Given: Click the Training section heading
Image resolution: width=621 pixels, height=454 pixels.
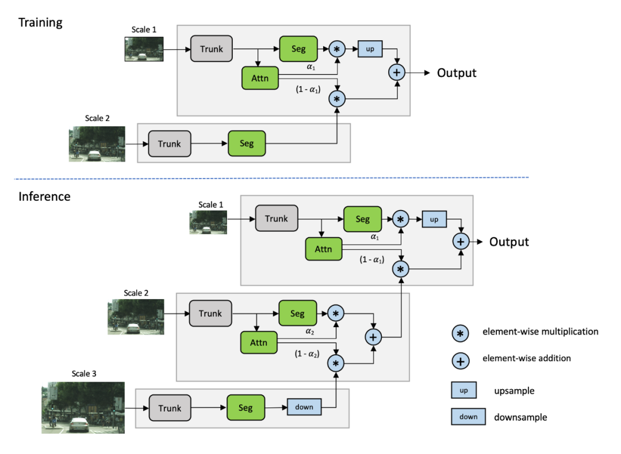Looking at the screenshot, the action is (x=40, y=23).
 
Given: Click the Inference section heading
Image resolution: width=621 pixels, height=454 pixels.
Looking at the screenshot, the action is (x=44, y=196).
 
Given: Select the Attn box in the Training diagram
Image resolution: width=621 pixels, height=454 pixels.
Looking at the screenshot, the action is (x=260, y=78).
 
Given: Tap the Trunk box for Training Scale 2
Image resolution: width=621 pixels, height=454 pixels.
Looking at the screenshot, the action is (x=170, y=143).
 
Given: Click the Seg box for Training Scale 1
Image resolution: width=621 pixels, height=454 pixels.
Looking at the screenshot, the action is (x=298, y=49).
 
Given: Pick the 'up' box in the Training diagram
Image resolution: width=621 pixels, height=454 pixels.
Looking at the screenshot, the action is (x=370, y=49).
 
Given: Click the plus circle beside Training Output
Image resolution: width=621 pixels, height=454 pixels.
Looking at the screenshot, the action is (x=396, y=72).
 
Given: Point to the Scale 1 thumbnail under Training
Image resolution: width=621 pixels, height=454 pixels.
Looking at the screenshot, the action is (x=144, y=49).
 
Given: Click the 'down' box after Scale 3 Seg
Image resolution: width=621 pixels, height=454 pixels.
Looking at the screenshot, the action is (x=304, y=407).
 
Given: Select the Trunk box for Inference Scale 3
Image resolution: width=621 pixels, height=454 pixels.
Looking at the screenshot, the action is (x=170, y=408).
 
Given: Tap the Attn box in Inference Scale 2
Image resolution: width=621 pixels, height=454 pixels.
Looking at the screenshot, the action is (x=259, y=343).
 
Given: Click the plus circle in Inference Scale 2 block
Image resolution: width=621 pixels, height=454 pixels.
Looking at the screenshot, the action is (x=373, y=337).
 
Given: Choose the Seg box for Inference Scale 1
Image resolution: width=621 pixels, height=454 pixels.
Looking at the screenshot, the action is (x=363, y=219).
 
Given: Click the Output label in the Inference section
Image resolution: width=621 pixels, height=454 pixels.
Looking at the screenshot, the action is (x=509, y=242).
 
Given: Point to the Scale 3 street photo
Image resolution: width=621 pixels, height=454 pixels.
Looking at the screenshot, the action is (x=83, y=408).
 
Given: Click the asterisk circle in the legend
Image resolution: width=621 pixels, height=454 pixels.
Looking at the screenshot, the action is (x=460, y=333).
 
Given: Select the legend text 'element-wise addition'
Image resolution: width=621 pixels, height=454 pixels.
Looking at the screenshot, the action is (x=527, y=358).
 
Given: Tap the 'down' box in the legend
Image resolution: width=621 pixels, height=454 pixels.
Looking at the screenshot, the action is (x=469, y=417).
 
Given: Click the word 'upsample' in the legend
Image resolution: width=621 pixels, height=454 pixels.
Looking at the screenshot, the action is (x=515, y=391).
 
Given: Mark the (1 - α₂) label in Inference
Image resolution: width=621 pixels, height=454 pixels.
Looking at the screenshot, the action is (x=307, y=354).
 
